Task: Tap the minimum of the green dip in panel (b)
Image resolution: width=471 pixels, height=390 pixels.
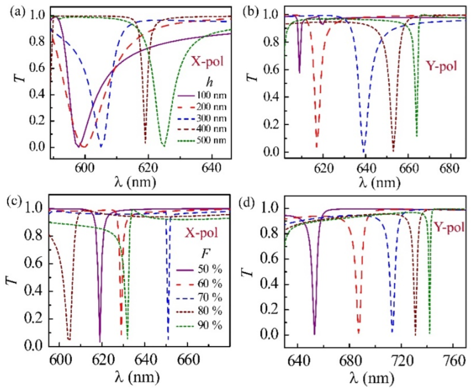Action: point(416,136)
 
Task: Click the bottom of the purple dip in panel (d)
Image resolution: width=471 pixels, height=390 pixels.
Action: point(314,334)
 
